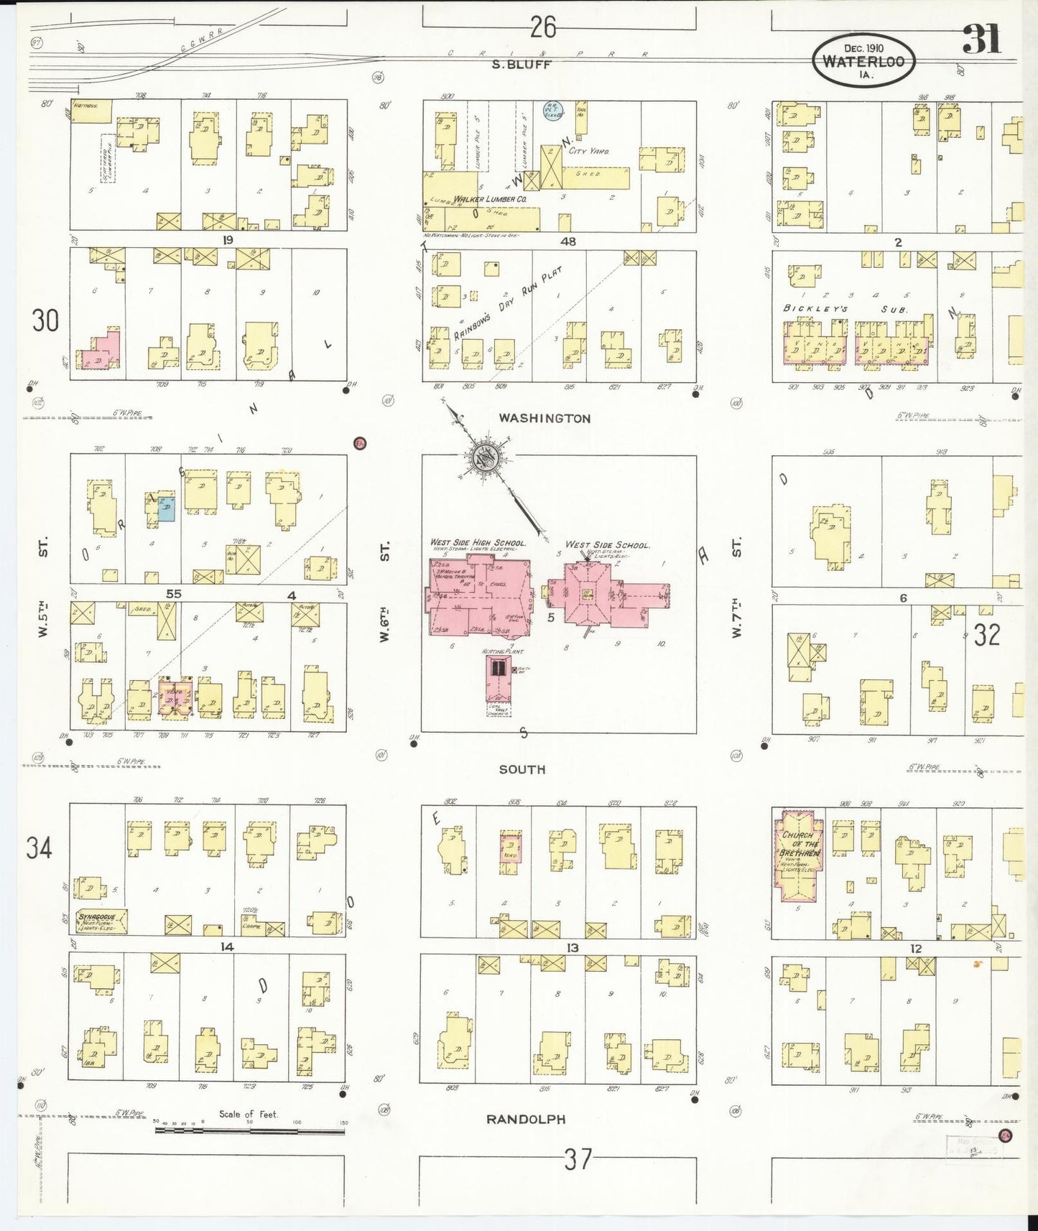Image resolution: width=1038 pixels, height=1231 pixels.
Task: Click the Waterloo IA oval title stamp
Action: (863, 60)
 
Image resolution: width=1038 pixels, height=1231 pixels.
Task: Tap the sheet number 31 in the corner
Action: (981, 39)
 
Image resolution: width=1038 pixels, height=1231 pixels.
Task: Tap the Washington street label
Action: (545, 418)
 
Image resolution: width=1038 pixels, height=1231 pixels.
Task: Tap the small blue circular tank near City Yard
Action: (552, 110)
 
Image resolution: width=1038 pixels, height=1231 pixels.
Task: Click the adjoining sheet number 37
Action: (578, 1159)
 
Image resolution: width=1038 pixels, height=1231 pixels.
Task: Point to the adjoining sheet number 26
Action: (543, 27)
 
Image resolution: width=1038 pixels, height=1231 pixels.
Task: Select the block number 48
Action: (567, 241)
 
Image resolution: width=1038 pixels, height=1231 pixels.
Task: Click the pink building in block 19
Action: (100, 351)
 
